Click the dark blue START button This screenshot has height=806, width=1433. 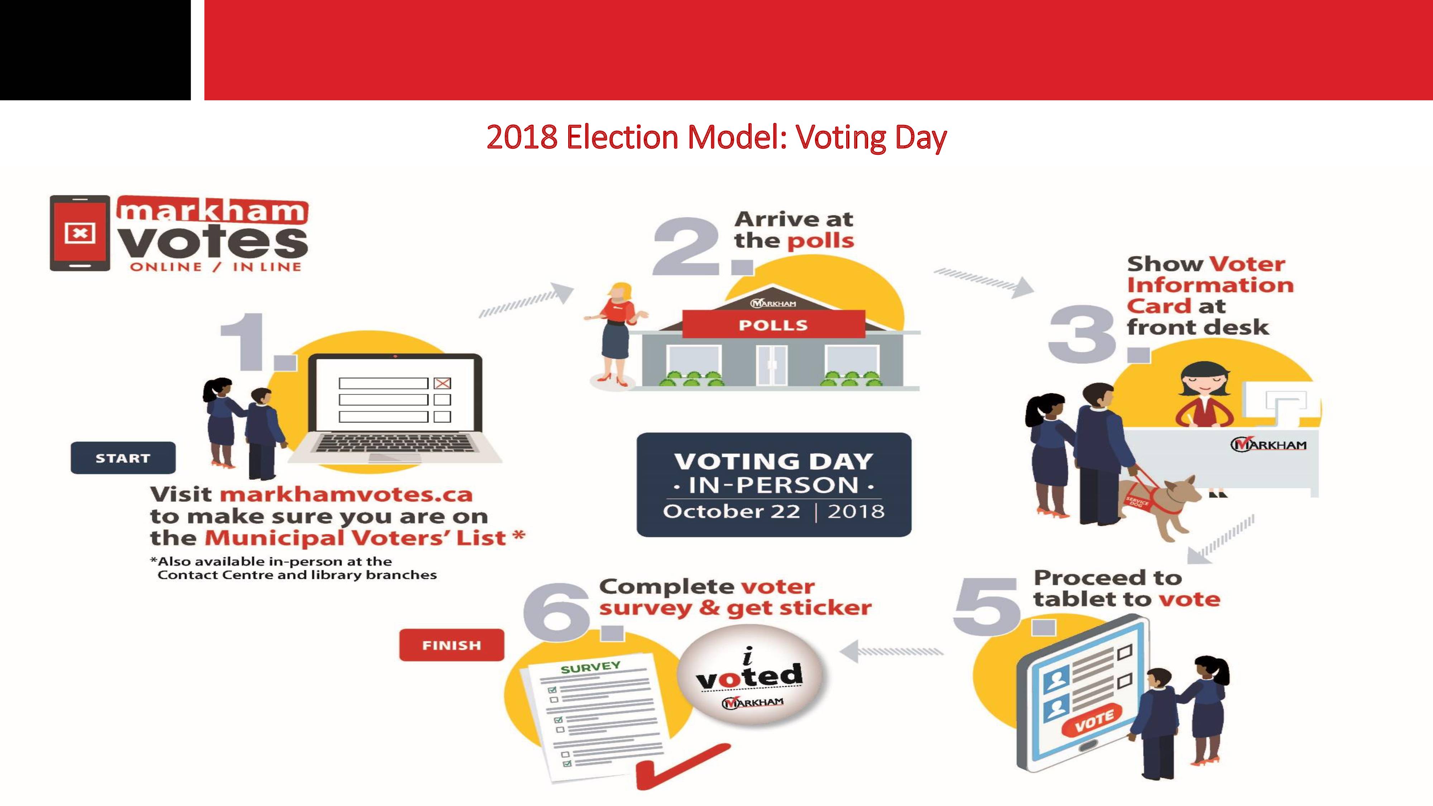123,458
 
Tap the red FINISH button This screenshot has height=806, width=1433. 452,645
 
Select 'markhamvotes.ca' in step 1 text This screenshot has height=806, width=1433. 346,494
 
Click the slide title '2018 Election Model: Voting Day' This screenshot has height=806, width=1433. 716,138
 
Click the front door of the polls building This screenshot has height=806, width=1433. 772,365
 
